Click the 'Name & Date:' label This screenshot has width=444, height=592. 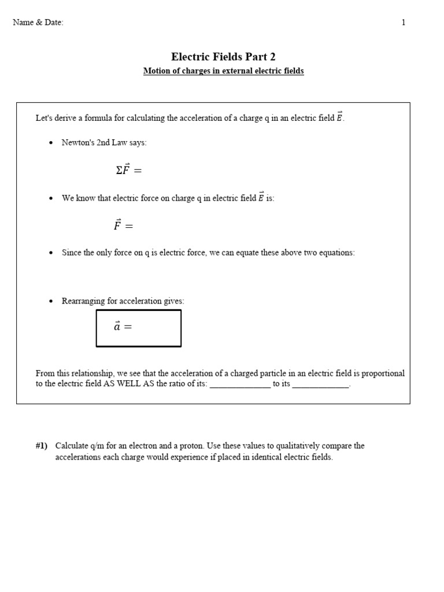[x=38, y=23]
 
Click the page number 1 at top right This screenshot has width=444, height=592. [x=404, y=23]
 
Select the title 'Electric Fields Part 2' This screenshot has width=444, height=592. [x=223, y=57]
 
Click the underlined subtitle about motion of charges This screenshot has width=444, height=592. [x=223, y=71]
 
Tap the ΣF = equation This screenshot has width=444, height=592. [x=128, y=170]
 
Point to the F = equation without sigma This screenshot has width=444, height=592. [x=123, y=225]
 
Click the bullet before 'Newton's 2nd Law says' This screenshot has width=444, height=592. [x=51, y=143]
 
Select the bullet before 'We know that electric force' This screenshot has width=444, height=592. [x=51, y=198]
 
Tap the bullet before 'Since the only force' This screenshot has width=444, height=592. [x=51, y=253]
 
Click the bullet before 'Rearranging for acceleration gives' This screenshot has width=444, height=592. [x=51, y=301]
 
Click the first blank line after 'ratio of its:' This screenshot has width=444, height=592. [x=240, y=385]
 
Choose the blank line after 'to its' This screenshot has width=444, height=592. [x=321, y=385]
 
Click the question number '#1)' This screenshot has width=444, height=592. [x=42, y=446]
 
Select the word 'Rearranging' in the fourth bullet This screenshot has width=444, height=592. [x=83, y=301]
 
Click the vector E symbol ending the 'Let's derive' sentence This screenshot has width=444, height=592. [x=339, y=117]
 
